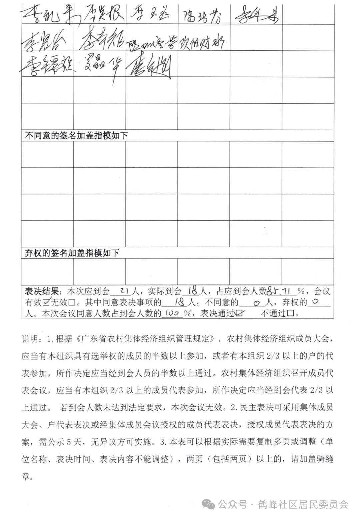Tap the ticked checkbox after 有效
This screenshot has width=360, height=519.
click(x=46, y=302)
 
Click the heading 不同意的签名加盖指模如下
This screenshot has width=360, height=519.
click(x=76, y=136)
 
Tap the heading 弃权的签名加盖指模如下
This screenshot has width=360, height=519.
click(x=72, y=253)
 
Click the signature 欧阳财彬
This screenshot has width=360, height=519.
click(x=202, y=42)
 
